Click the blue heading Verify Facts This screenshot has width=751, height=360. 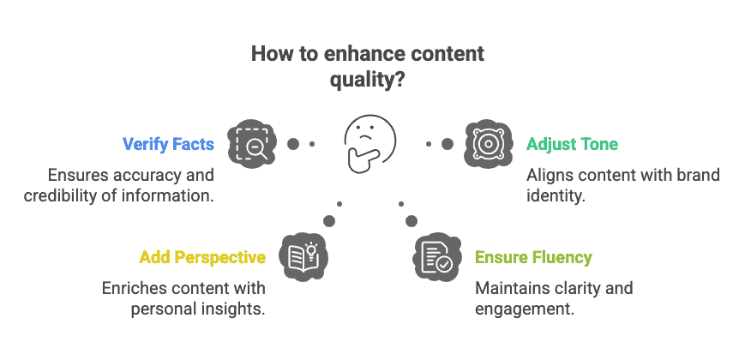coord(168,144)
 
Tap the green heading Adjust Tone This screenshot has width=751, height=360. coord(573,144)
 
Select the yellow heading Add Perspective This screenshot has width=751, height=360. coord(202,257)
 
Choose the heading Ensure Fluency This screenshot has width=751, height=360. coord(533,257)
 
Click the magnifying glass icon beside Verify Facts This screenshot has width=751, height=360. coord(252,144)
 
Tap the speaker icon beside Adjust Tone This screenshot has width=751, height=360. coord(489,144)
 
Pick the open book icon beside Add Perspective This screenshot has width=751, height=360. coord(303,257)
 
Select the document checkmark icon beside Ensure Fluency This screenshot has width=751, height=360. coord(437,257)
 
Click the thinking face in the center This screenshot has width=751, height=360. coord(369,143)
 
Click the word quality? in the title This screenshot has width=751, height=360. coord(368,80)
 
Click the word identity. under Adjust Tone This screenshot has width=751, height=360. coord(556,195)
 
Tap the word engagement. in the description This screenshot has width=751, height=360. coord(525,309)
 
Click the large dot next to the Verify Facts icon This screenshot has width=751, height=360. coord(293,144)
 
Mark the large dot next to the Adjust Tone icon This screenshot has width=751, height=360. coord(448,144)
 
